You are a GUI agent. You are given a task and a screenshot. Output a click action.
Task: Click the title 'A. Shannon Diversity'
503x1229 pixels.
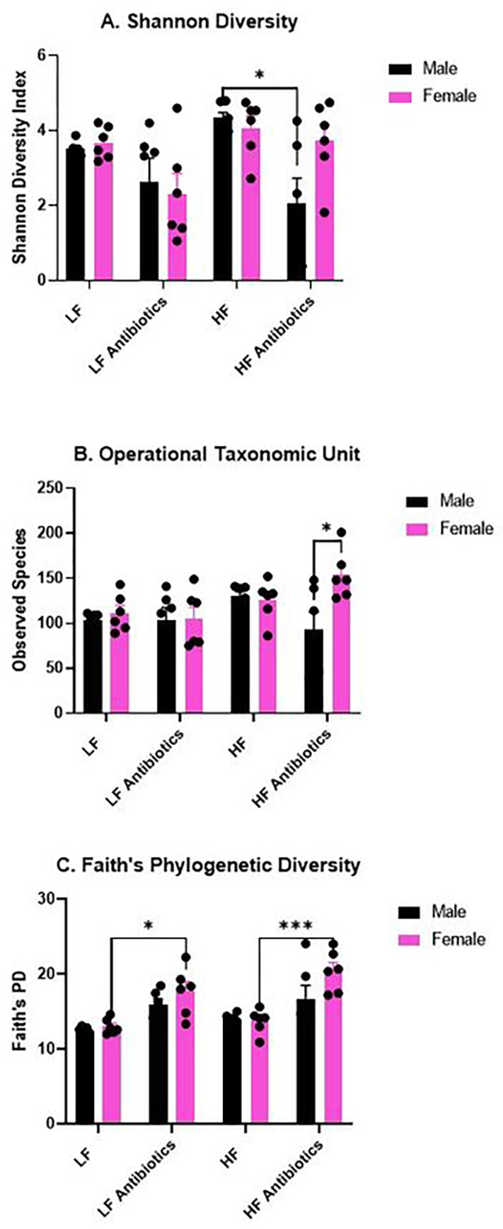pyautogui.click(x=199, y=22)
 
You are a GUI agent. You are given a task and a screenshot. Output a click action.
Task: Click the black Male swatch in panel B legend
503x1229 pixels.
pyautogui.click(x=418, y=502)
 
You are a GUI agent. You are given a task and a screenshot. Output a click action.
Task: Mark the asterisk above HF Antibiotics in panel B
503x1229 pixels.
pyautogui.click(x=326, y=528)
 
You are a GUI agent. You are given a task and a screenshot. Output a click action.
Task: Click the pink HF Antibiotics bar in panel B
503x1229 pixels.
pyautogui.click(x=342, y=647)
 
